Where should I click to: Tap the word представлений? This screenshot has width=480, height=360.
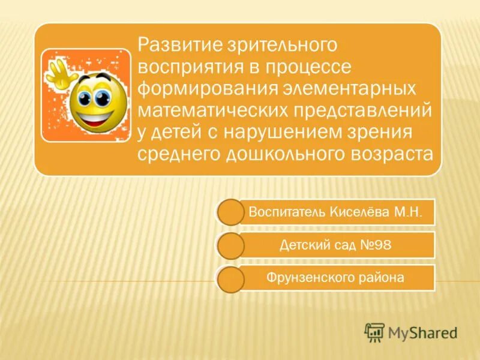(362, 110)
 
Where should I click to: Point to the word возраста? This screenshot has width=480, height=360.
(389, 154)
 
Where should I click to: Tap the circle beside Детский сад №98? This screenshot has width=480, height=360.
(229, 246)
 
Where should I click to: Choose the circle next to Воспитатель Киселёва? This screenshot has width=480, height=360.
(229, 213)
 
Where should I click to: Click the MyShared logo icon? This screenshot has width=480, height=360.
(374, 332)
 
